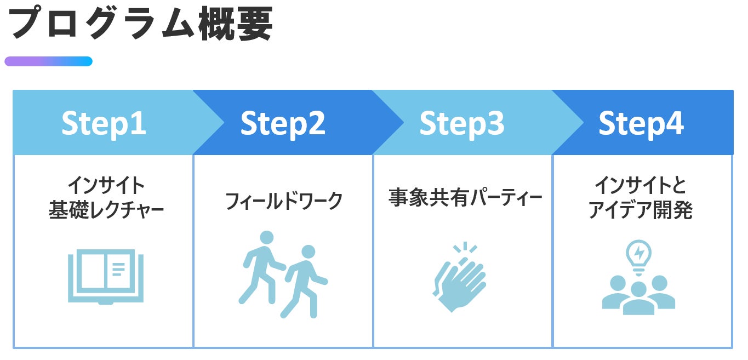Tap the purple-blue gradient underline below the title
(x=48, y=61)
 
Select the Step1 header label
(x=104, y=123)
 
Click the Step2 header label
(x=283, y=123)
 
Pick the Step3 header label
(x=462, y=123)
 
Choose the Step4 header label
(x=641, y=123)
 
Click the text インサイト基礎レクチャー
(x=106, y=198)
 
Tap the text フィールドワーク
(x=284, y=201)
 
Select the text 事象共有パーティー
(x=465, y=198)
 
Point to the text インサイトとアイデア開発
(x=641, y=198)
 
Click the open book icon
(x=106, y=277)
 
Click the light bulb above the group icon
(x=639, y=254)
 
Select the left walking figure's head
(x=266, y=238)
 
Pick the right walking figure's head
(x=309, y=252)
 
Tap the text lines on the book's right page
(x=118, y=268)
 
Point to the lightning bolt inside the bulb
(x=639, y=253)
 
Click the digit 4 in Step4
(x=675, y=123)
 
